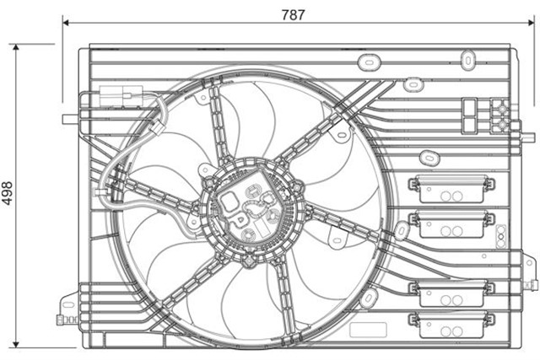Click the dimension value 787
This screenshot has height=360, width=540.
(x=292, y=13)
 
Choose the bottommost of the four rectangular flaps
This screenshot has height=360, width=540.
(x=451, y=322)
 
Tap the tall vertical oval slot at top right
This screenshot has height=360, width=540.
(x=468, y=58)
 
